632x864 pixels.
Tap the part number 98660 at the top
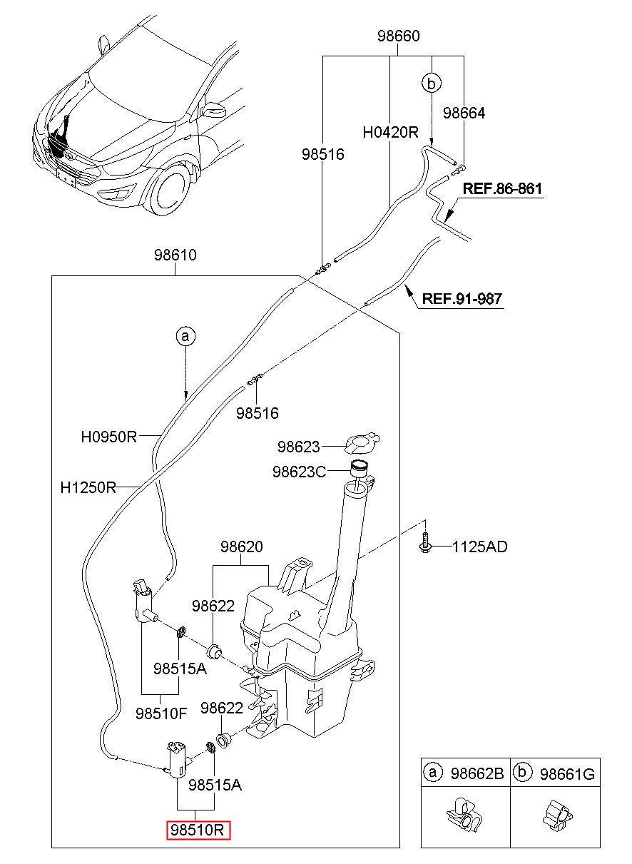pos(398,36)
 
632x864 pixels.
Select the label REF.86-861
pos(502,188)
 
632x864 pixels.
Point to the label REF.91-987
pos(462,298)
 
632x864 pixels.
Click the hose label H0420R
pos(391,132)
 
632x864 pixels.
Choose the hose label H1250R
pos(88,487)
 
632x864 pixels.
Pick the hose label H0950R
pos(109,437)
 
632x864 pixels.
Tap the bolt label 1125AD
pos(479,547)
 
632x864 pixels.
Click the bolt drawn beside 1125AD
pos(424,542)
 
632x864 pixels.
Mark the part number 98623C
pos(299,472)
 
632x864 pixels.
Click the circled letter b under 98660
pos(432,83)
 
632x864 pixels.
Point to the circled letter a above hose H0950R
pos(185,336)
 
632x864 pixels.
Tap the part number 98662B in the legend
pos(477,773)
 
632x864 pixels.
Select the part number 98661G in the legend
pos(567,774)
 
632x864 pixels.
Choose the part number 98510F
pos(161,713)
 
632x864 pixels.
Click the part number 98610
pos(175,255)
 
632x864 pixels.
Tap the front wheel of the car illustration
pos(169,190)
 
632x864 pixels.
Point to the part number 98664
pos(464,113)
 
